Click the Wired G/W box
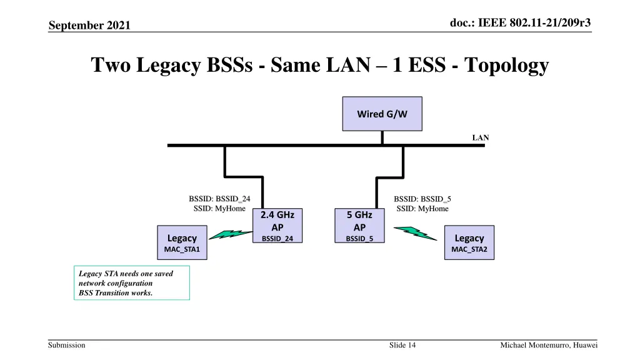point(382,114)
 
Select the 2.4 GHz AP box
point(277,226)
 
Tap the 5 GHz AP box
point(359,226)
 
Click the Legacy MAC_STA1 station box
point(182,243)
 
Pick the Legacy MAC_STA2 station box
point(469,243)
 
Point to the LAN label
point(480,137)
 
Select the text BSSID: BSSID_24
point(219,199)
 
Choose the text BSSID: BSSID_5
point(422,199)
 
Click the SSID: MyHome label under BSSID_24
point(219,209)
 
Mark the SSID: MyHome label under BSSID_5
point(422,209)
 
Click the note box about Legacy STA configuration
point(131,283)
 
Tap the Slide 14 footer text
point(402,345)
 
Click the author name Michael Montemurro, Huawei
point(549,345)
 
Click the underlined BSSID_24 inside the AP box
point(277,238)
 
